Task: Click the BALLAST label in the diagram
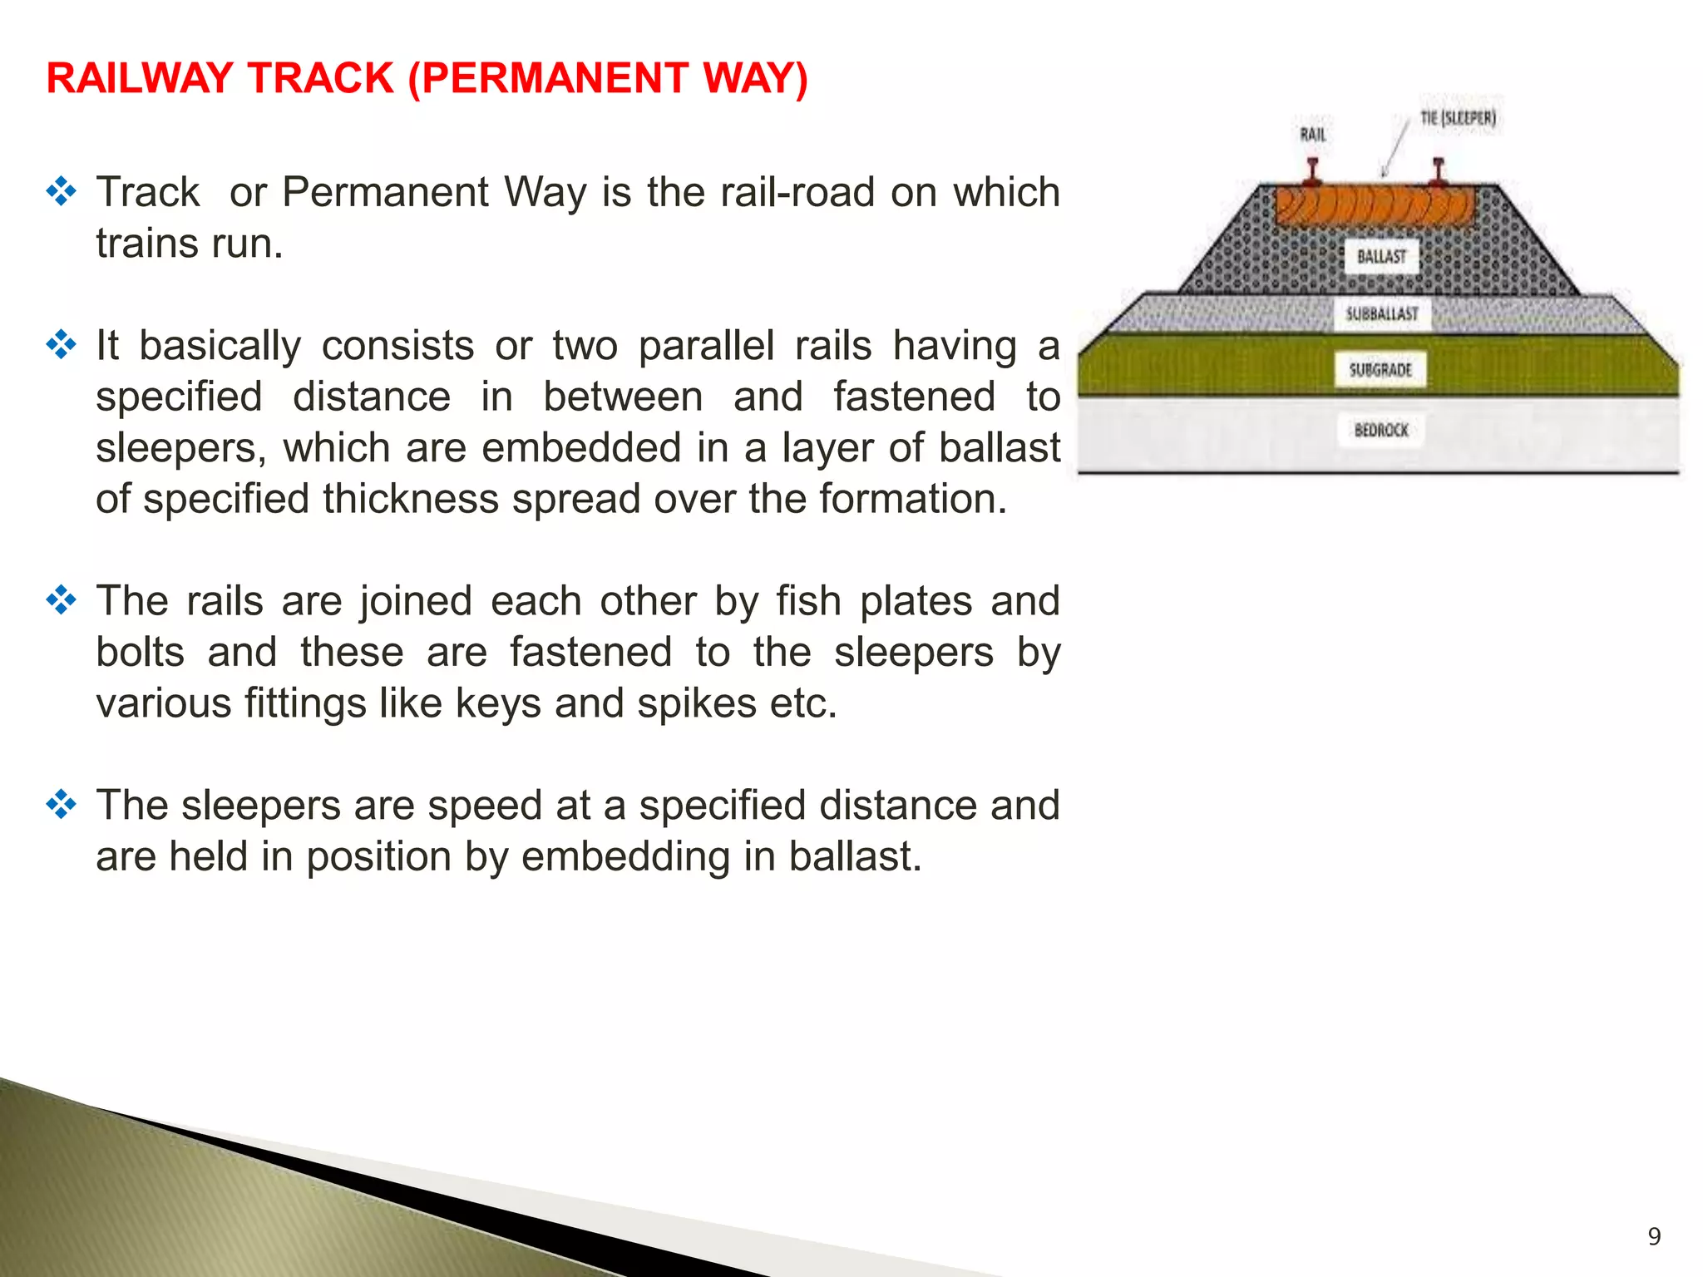1381,257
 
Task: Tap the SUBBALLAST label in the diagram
1382,314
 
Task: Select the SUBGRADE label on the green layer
1380,370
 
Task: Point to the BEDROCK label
1381,430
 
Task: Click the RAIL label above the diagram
1313,135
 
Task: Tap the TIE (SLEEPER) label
1458,118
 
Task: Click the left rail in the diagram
1313,172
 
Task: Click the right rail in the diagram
1439,172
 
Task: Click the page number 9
1654,1236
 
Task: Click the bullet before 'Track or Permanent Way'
62,192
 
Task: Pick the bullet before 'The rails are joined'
62,600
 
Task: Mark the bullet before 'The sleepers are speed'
62,805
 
